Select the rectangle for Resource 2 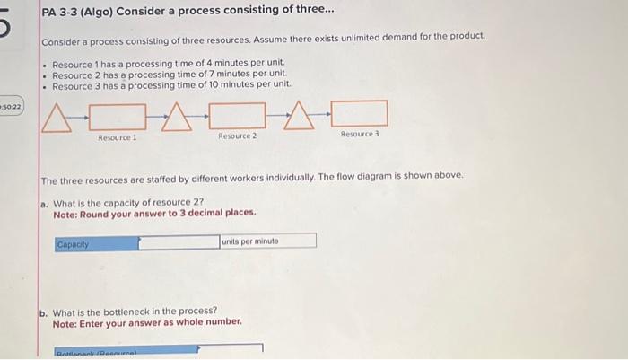(x=237, y=115)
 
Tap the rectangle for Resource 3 (x=359, y=113)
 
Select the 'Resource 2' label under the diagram (x=237, y=136)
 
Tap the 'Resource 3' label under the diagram (x=359, y=133)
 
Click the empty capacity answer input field (x=179, y=242)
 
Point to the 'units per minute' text (x=251, y=241)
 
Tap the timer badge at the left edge (x=11, y=107)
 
